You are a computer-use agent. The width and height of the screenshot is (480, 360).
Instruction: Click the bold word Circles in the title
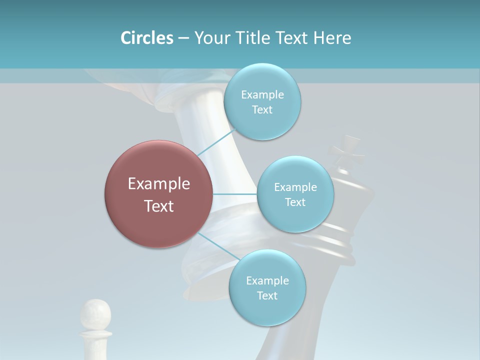146,38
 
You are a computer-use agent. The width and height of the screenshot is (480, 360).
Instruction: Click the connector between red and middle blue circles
235,194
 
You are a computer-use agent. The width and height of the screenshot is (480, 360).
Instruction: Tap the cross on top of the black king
346,151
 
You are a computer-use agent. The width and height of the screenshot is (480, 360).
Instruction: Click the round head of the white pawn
95,313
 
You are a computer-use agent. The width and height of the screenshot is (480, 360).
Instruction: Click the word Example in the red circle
159,184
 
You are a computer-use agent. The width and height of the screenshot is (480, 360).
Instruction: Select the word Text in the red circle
159,206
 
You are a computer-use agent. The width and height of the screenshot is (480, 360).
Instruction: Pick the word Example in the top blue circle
262,95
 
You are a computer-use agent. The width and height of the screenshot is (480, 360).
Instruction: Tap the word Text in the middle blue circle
295,202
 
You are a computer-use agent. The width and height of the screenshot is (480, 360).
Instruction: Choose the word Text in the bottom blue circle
267,295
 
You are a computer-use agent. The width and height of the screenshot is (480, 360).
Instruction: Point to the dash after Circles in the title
183,38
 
